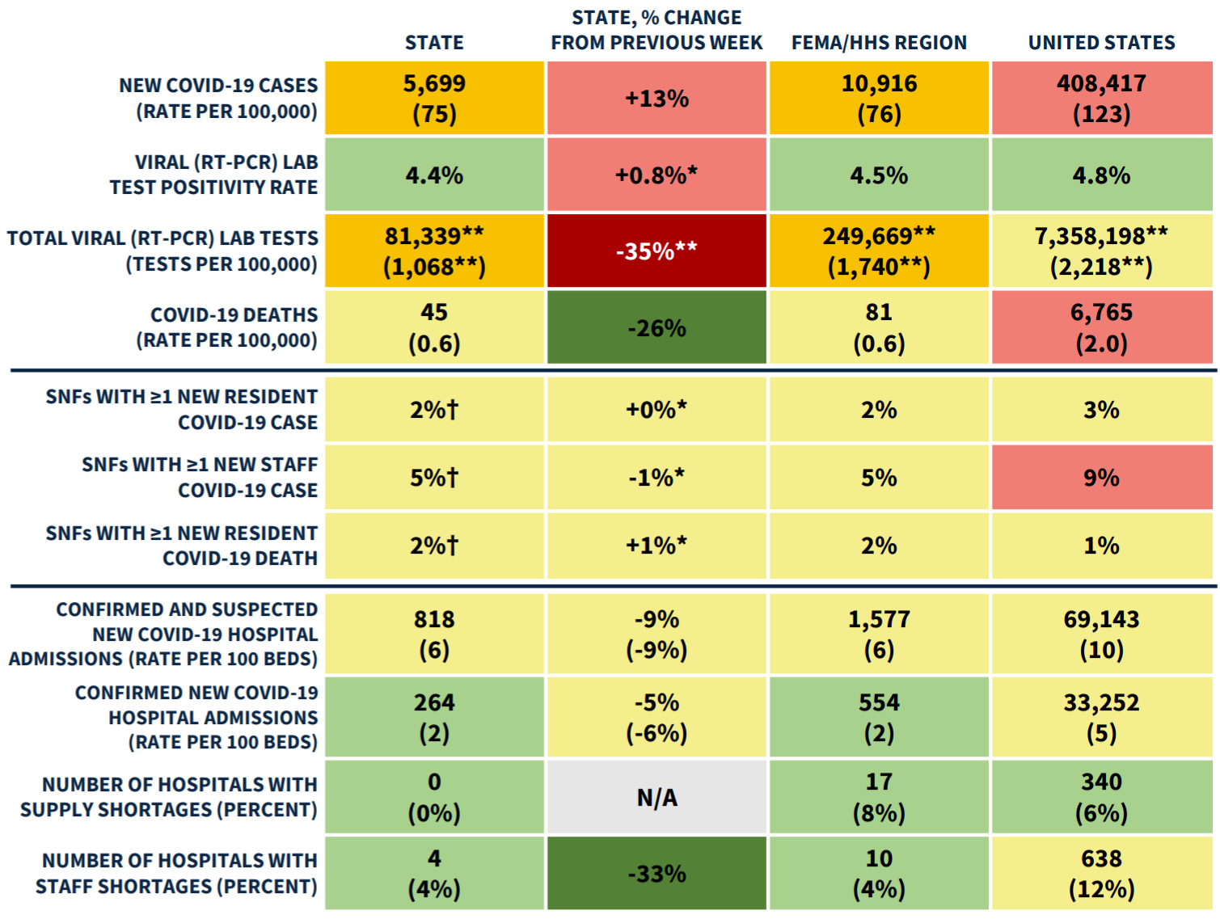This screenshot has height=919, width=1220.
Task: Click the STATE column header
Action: [434, 43]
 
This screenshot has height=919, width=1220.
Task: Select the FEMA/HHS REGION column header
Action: [879, 43]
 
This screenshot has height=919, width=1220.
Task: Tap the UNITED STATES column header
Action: [1101, 43]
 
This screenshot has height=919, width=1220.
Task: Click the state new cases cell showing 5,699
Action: [434, 98]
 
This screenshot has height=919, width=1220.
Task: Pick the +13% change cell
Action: [656, 98]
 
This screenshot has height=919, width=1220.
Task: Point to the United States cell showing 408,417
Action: [1101, 98]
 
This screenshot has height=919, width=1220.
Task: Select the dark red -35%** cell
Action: [656, 251]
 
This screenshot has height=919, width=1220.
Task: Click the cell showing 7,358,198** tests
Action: [1101, 251]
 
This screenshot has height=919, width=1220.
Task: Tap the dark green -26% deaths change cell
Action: [656, 327]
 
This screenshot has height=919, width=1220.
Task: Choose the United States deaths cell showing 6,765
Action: [1101, 327]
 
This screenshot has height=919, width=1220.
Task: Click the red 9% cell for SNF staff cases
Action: [1101, 478]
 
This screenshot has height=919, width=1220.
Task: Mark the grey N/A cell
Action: [656, 797]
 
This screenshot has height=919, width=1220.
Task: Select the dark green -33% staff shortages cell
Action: [656, 873]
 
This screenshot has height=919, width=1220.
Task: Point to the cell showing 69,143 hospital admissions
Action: [1101, 634]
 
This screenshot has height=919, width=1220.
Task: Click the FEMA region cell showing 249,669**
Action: [879, 251]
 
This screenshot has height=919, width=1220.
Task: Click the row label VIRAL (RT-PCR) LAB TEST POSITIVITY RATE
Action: [214, 175]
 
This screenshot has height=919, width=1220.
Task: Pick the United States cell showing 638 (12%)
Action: [1101, 873]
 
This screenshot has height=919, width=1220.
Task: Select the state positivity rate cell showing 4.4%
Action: [434, 175]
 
